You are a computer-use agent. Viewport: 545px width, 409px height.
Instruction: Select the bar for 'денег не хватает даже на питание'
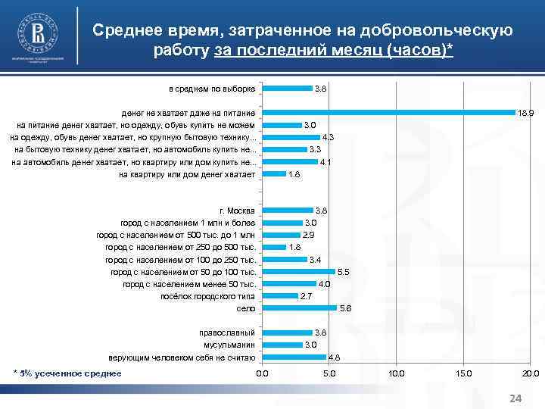(388, 113)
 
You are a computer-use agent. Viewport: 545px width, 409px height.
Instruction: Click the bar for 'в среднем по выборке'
(287, 89)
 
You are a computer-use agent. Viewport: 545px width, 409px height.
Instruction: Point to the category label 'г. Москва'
(237, 211)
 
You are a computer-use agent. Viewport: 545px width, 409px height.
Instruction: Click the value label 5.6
(346, 309)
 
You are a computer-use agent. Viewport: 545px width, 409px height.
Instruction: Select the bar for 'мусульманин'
(282, 345)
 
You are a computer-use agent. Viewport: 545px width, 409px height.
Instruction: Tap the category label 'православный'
(227, 333)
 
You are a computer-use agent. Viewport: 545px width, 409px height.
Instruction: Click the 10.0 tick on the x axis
(396, 373)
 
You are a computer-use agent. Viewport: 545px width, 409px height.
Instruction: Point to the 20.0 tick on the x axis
(530, 373)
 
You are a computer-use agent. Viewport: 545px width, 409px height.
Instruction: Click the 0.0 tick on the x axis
(262, 373)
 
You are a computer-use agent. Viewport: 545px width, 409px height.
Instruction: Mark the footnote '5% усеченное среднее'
(70, 373)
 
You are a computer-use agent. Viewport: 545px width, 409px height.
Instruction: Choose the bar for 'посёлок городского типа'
(280, 296)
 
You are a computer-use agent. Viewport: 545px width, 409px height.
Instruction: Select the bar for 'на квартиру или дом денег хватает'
(274, 174)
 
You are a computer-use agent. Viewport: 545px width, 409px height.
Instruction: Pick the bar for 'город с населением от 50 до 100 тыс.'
(298, 271)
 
